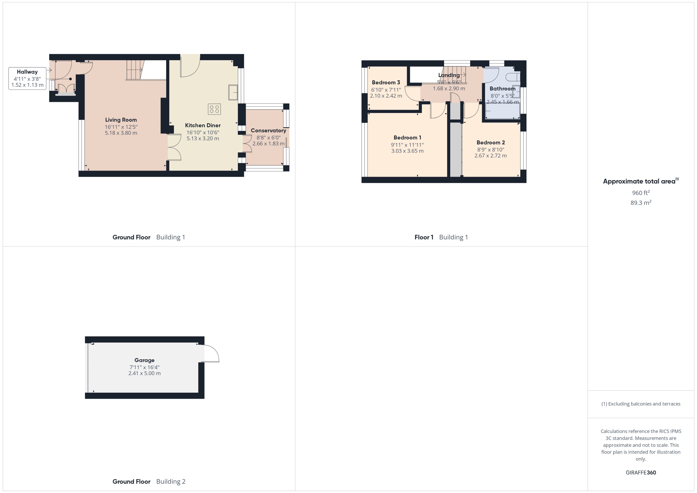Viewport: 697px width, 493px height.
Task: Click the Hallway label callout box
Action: pyautogui.click(x=27, y=79)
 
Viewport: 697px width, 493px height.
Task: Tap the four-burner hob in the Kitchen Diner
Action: pyautogui.click(x=214, y=109)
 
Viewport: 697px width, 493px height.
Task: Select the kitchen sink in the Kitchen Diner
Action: pyautogui.click(x=233, y=92)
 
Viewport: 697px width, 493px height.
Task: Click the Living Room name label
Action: pyautogui.click(x=121, y=120)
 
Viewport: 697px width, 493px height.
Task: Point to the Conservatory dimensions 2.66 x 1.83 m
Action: pyautogui.click(x=268, y=144)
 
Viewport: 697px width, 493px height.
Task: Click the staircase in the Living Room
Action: pyautogui.click(x=134, y=70)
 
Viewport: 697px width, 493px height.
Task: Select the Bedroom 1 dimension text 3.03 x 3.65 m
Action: pyautogui.click(x=407, y=151)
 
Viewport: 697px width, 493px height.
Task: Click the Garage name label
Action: pyautogui.click(x=144, y=360)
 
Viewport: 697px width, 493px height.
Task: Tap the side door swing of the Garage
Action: pyautogui.click(x=211, y=354)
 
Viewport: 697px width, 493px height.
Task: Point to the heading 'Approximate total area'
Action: pyautogui.click(x=639, y=182)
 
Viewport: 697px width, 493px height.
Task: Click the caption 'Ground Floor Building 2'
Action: pyautogui.click(x=149, y=481)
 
